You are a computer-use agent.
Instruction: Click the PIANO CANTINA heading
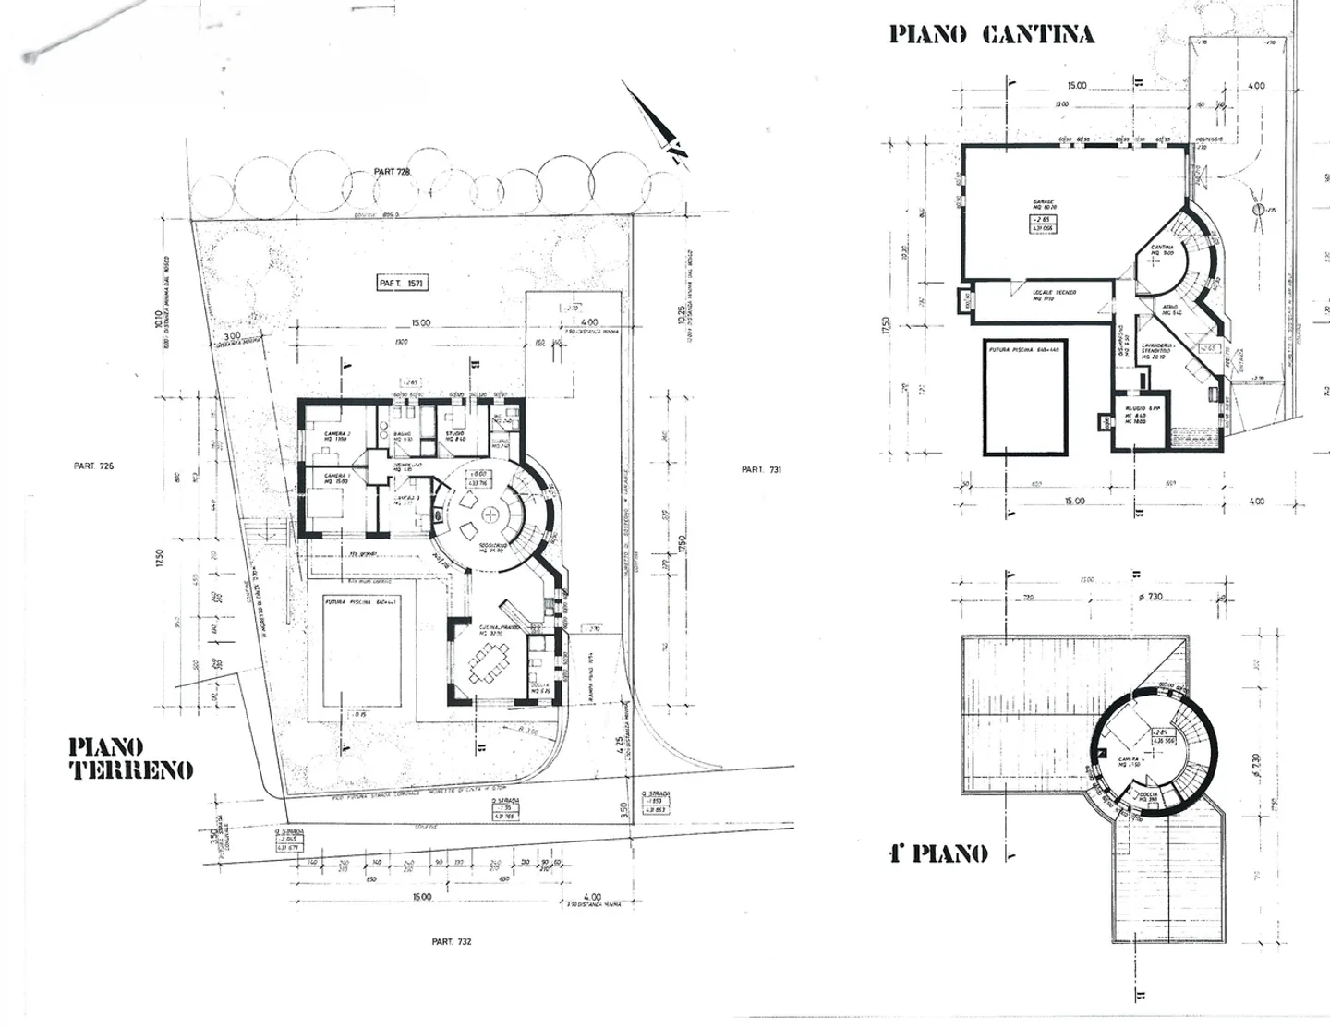click(991, 35)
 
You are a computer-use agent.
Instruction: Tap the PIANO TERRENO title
click(131, 758)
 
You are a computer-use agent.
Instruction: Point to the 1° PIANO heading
click(937, 853)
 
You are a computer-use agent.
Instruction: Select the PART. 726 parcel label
click(93, 466)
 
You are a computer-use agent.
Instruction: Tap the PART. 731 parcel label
click(761, 470)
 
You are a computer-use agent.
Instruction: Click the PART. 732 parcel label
click(452, 941)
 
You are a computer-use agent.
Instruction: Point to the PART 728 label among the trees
click(392, 172)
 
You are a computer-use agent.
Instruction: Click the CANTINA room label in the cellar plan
click(1162, 248)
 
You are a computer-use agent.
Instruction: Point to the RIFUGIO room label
click(1135, 406)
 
